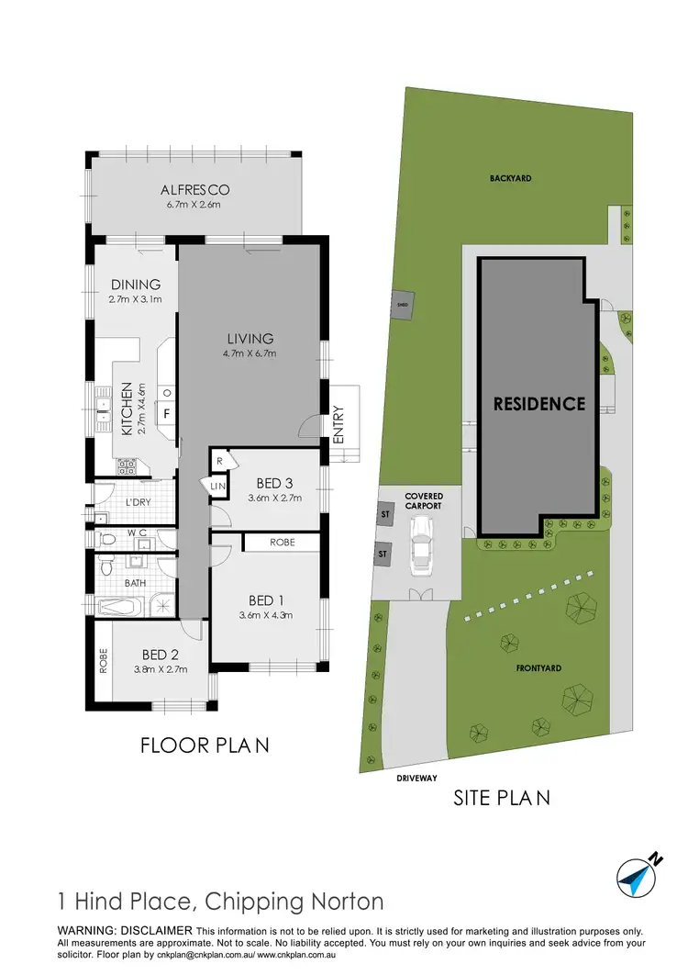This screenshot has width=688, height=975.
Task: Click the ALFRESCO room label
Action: [x=194, y=190]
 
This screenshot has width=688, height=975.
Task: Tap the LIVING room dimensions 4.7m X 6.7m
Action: [x=250, y=353]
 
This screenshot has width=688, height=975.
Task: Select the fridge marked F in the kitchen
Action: [x=166, y=413]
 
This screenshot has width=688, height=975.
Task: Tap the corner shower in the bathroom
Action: [x=162, y=605]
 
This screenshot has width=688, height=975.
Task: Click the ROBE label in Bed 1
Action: [x=281, y=543]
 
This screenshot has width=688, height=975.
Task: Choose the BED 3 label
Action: [x=275, y=483]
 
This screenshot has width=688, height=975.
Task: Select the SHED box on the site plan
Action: [x=401, y=305]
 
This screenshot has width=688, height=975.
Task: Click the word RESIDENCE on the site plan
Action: [x=539, y=403]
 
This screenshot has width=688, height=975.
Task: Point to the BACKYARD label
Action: [x=511, y=178]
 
